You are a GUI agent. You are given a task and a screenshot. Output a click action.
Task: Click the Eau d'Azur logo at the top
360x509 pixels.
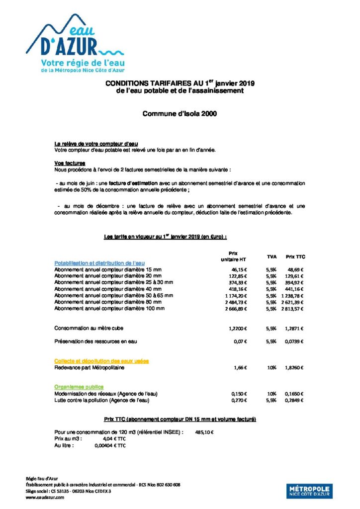click(x=75, y=43)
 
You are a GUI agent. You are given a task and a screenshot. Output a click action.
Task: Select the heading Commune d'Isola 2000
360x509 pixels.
click(x=180, y=113)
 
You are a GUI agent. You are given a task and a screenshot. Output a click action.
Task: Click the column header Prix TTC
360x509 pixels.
click(x=295, y=256)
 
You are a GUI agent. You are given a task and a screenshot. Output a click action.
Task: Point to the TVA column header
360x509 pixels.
click(x=271, y=256)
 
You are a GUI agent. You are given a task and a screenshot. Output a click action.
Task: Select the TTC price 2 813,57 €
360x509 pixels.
click(x=291, y=309)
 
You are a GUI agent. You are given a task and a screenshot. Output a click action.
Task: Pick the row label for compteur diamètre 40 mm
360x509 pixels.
click(x=108, y=288)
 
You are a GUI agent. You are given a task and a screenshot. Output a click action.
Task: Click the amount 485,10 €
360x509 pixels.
click(x=204, y=432)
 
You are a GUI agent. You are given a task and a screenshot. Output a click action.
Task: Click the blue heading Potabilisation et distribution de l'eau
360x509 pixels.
click(x=99, y=262)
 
